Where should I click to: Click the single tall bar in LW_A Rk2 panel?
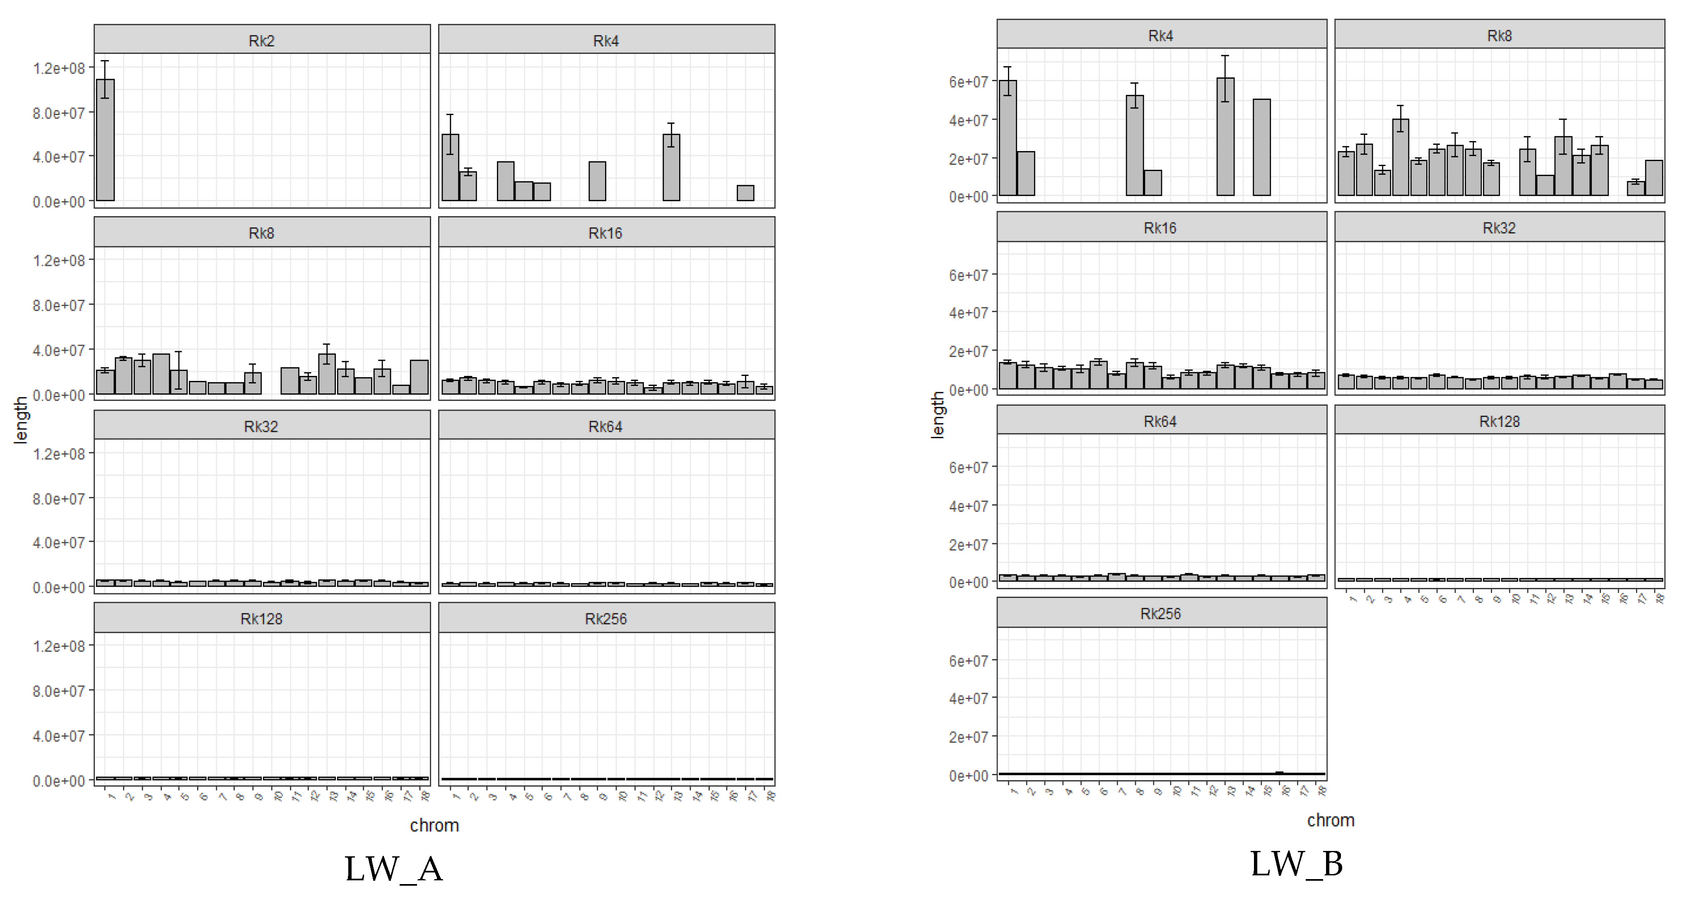[105, 140]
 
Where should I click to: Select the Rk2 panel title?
[261, 41]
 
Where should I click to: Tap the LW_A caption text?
[393, 869]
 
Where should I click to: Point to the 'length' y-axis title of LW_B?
[938, 415]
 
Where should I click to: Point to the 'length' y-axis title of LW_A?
[20, 420]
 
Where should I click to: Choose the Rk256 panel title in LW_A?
[605, 619]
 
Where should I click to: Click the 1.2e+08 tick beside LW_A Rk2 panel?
[59, 68]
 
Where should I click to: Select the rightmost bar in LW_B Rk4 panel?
[1261, 147]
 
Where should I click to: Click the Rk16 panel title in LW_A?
[605, 233]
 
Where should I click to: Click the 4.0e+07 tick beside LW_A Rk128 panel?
[59, 735]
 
